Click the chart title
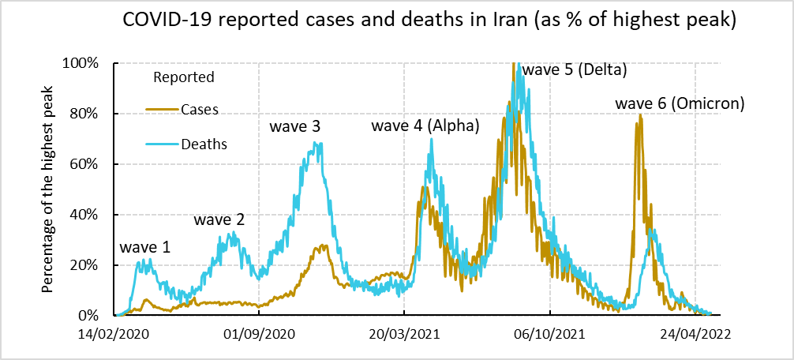tap(429, 21)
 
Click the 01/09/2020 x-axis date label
tap(259, 334)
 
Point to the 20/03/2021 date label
tap(404, 334)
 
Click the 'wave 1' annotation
tap(145, 248)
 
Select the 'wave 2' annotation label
tap(219, 219)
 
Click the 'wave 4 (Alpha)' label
tap(425, 126)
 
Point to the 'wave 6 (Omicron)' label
tap(680, 103)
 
